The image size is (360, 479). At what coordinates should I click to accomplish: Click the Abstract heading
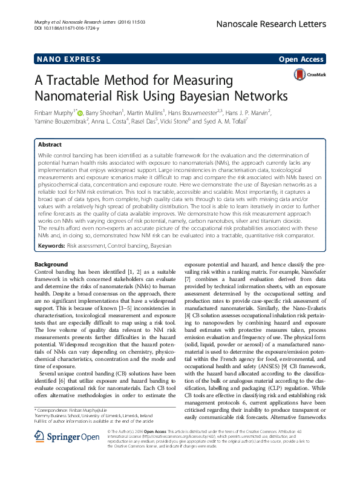(x=50, y=145)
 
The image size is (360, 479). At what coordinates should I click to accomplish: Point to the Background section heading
(x=51, y=265)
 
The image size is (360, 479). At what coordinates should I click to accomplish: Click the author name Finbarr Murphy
(x=54, y=112)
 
